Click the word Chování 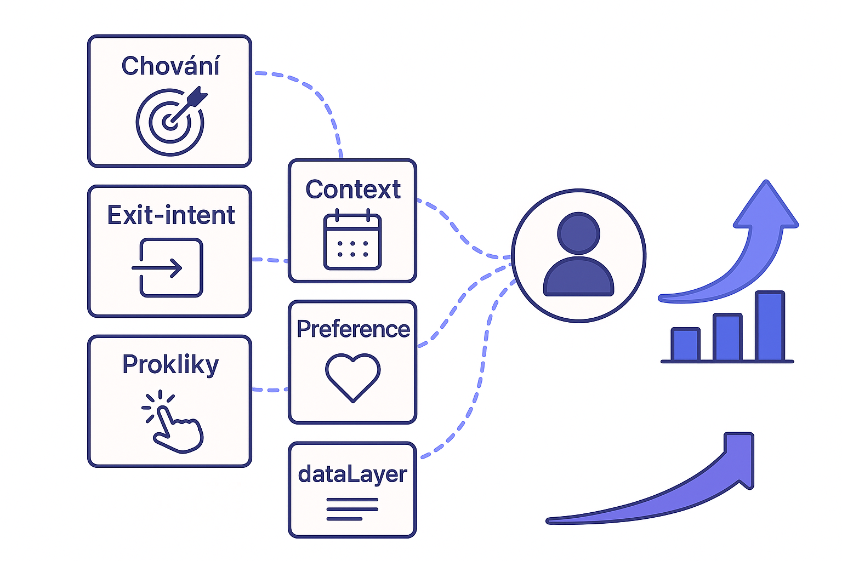pyautogui.click(x=170, y=66)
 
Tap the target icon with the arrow pyautogui.click(x=170, y=121)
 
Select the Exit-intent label pyautogui.click(x=170, y=215)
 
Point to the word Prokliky pyautogui.click(x=170, y=365)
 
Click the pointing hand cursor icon pyautogui.click(x=173, y=422)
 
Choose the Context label pyautogui.click(x=353, y=190)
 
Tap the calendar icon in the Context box pyautogui.click(x=352, y=241)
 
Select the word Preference pyautogui.click(x=353, y=329)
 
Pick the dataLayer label pyautogui.click(x=352, y=474)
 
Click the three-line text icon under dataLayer pyautogui.click(x=352, y=509)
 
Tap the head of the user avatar pyautogui.click(x=578, y=233)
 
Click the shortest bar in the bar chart pyautogui.click(x=685, y=345)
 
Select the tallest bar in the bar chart pyautogui.click(x=770, y=327)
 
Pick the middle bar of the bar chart pyautogui.click(x=727, y=337)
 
